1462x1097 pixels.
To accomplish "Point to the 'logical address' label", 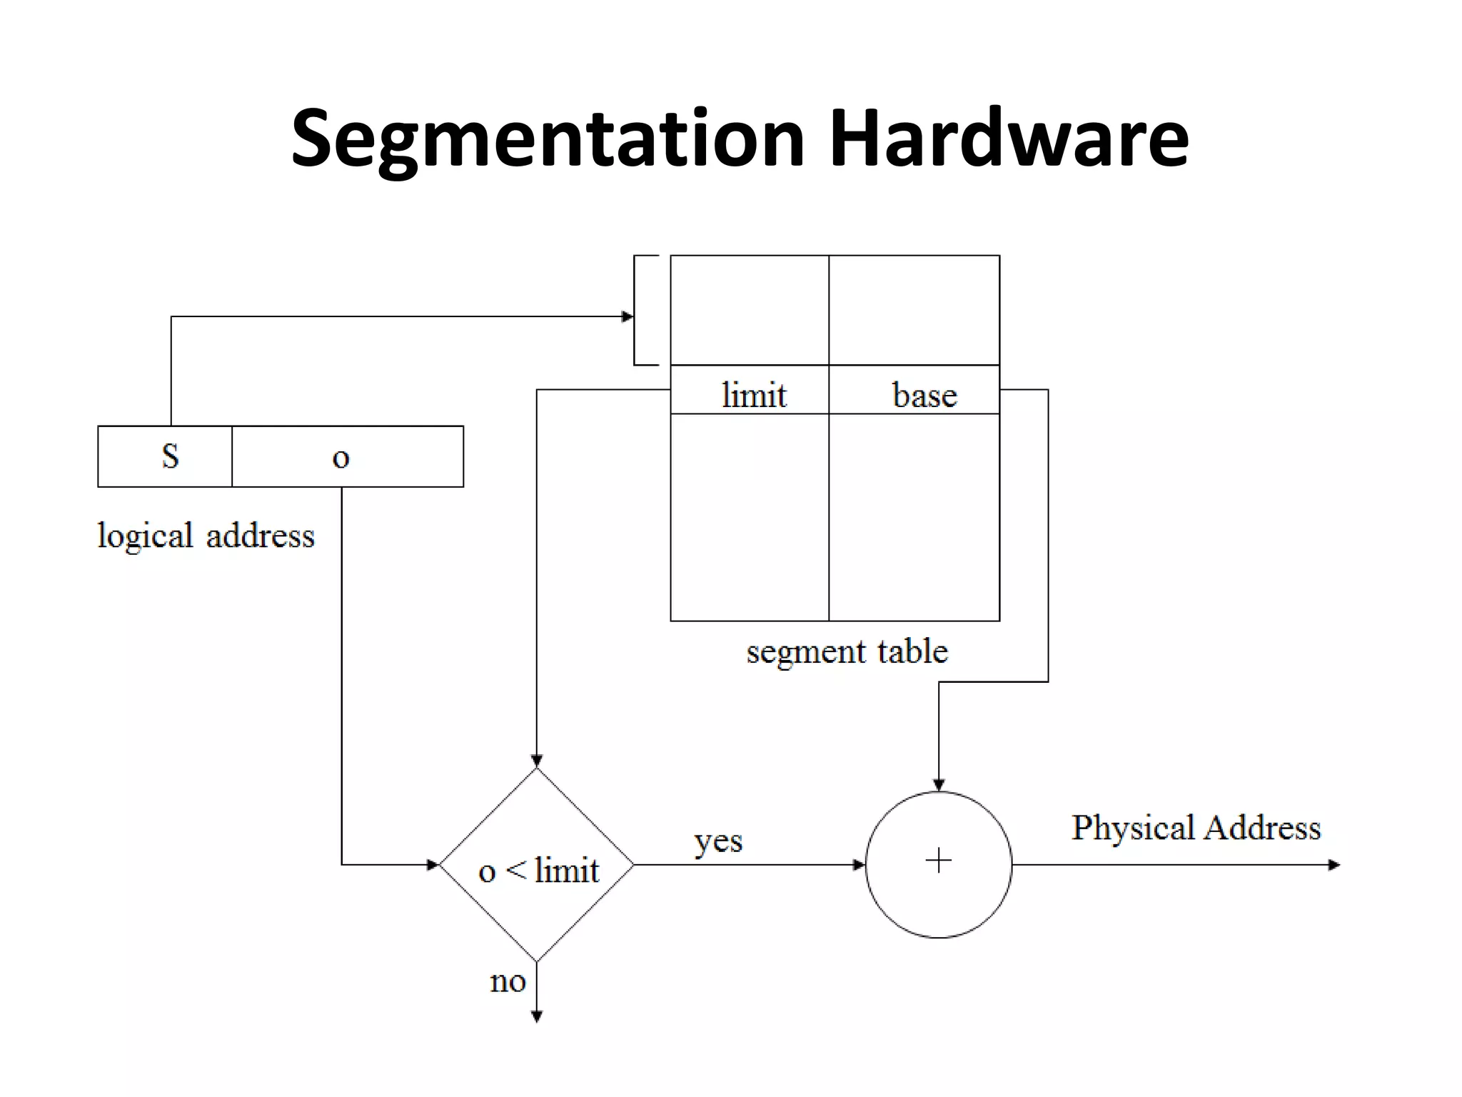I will [206, 536].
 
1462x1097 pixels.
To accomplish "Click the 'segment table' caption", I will [847, 651].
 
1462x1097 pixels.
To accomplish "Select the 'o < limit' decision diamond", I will [537, 865].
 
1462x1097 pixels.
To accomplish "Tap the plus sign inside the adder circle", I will [938, 861].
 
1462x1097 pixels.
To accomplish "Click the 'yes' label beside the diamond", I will [718, 841].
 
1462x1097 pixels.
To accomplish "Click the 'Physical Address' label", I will [1196, 828].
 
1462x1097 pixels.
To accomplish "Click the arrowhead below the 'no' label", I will [537, 1017].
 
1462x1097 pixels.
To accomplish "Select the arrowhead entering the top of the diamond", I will [537, 761].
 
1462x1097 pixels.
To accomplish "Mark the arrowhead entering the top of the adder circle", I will [939, 785].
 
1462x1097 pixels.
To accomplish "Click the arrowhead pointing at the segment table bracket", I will [627, 316].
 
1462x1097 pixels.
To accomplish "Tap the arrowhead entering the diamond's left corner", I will [432, 865].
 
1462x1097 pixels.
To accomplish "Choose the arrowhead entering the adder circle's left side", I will [859, 865].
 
